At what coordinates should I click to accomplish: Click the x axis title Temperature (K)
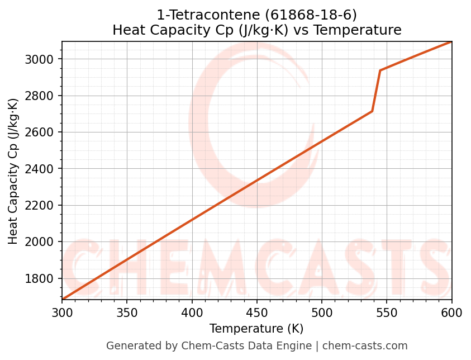256,329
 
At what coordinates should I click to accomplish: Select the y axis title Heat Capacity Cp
13,171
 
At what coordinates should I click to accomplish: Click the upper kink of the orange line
380,70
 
